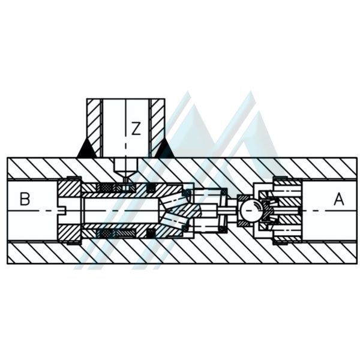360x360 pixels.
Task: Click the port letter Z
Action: click(x=136, y=128)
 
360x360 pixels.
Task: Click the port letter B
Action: click(x=25, y=199)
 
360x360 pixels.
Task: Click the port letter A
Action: click(x=339, y=199)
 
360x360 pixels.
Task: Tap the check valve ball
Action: click(x=251, y=211)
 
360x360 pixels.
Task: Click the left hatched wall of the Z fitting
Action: click(x=94, y=128)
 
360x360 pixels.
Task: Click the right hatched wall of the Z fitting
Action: click(x=157, y=128)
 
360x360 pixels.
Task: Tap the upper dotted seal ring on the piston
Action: click(x=106, y=188)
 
